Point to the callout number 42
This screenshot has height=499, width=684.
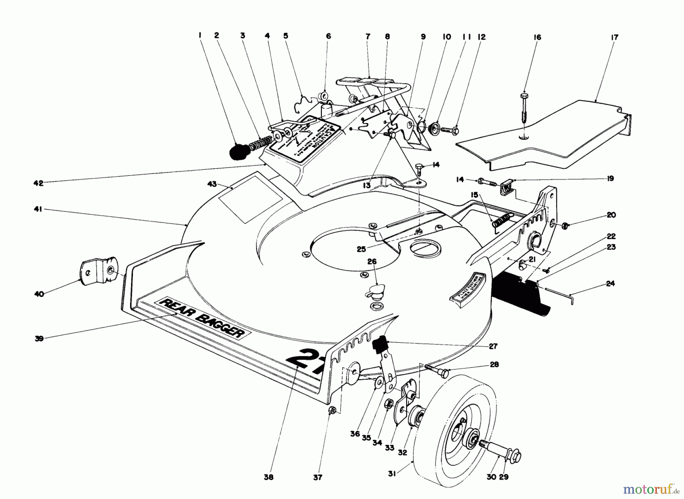click(x=39, y=183)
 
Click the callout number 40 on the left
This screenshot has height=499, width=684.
click(x=39, y=294)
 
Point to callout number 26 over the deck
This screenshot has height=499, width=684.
click(x=372, y=262)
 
